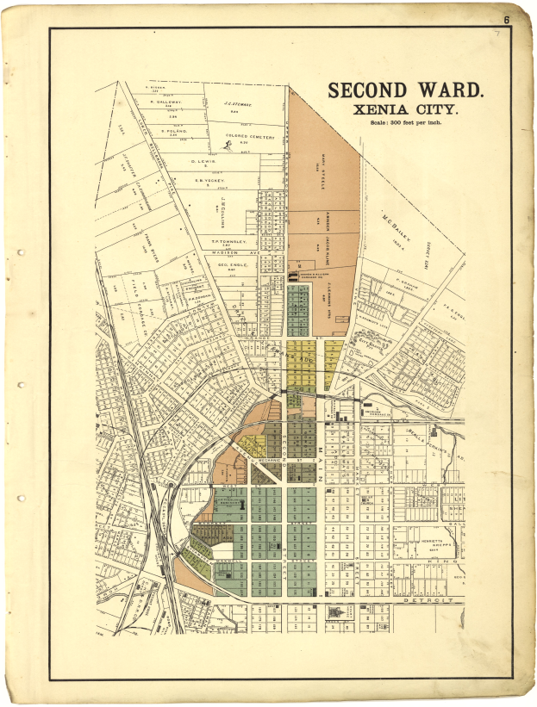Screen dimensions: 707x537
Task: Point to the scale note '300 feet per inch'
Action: point(405,125)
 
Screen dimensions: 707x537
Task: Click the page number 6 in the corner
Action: point(508,19)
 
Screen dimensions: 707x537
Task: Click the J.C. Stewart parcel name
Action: point(236,103)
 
